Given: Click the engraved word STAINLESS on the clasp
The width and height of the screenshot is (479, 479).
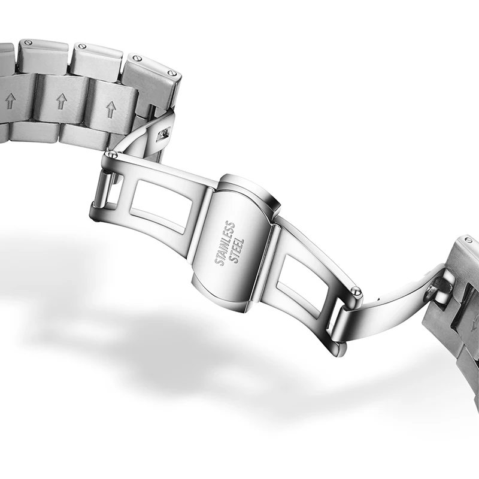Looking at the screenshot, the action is click(225, 244).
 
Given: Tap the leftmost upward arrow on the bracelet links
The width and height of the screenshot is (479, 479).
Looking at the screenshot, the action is click(11, 101).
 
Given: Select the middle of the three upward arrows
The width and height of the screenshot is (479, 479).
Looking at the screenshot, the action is click(62, 101).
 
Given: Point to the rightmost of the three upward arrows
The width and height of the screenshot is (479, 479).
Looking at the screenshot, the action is click(110, 110).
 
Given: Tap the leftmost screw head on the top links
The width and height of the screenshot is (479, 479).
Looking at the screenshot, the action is click(28, 42).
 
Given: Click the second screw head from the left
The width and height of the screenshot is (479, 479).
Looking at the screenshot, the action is click(82, 46).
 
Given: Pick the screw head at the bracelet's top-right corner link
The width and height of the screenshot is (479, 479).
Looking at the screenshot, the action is click(172, 73).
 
